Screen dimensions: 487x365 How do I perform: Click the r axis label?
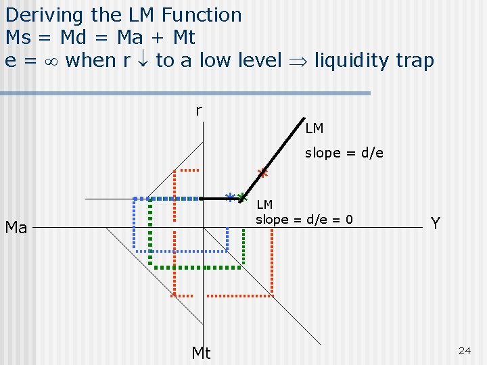point(198,110)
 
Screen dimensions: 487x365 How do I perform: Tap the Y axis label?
point(436,223)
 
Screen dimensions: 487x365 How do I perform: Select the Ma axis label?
point(16,228)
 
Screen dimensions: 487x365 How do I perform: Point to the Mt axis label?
point(201,353)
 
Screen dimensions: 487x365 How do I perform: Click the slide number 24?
point(464,350)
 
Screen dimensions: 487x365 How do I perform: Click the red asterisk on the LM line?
point(263,173)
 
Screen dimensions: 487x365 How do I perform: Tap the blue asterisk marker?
point(231,197)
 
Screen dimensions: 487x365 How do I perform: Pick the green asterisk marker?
point(242,197)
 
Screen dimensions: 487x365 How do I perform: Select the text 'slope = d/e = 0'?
point(304,219)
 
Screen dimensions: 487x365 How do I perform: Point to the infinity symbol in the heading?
point(49,61)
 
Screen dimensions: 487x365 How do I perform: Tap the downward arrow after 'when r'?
point(143,61)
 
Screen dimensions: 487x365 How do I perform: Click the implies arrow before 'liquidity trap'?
point(298,61)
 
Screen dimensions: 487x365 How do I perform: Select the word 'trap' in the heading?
point(415,61)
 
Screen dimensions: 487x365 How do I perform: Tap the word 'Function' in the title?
point(202,15)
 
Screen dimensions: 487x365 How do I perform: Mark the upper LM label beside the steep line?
point(314,128)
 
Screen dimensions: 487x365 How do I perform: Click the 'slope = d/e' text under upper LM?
point(344,153)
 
